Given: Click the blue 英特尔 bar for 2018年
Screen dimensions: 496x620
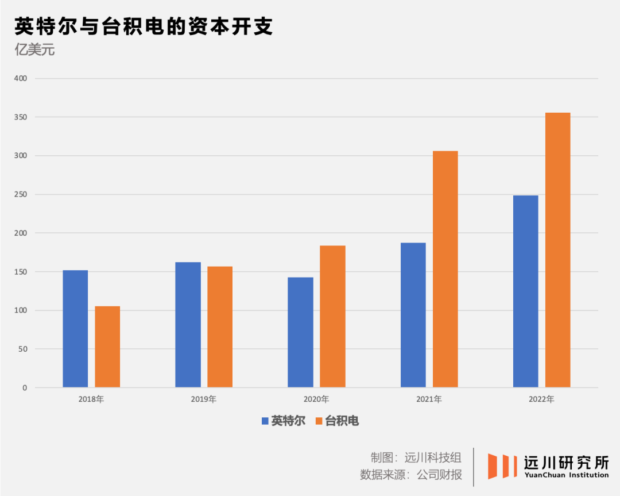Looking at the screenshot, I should (x=75, y=329).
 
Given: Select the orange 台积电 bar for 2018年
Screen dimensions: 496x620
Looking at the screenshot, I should (x=107, y=347).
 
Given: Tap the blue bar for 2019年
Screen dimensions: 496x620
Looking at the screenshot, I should (x=188, y=325).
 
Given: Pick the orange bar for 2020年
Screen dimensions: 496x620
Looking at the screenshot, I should (x=332, y=317).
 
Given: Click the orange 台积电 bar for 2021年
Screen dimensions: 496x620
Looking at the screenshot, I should (x=445, y=269).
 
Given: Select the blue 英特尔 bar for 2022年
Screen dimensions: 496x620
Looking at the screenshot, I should (x=525, y=291).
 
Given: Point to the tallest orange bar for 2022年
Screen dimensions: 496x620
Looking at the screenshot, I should (x=557, y=250).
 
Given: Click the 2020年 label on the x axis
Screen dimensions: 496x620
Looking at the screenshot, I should (x=316, y=399).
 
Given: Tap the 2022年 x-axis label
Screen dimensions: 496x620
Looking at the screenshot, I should (x=541, y=399).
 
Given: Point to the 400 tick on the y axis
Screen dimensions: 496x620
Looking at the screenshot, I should (x=21, y=78).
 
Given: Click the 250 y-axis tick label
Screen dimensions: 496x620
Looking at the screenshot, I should (x=21, y=194).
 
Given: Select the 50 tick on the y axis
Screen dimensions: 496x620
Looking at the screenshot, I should (x=23, y=349).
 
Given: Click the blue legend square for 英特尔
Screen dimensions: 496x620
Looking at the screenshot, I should (x=265, y=421).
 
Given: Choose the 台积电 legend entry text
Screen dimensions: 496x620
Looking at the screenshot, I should (x=342, y=421).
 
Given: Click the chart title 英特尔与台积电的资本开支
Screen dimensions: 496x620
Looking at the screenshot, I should (x=143, y=26).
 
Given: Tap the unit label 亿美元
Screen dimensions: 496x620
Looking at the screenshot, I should (x=34, y=50).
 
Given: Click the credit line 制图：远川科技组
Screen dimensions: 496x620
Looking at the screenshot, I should (x=416, y=457).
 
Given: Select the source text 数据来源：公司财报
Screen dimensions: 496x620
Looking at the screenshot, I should (x=410, y=475).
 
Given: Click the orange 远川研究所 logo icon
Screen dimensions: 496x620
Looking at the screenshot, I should (x=498, y=466).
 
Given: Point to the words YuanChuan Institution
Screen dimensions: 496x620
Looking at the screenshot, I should (x=566, y=475).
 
